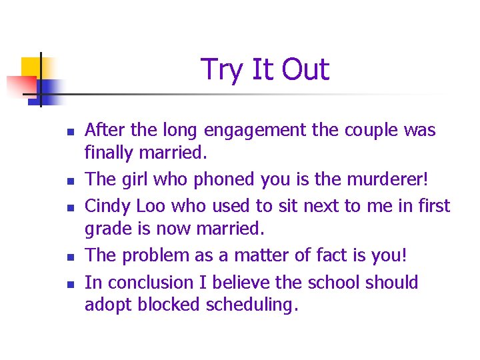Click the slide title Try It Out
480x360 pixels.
[265, 70]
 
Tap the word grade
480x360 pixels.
[107, 229]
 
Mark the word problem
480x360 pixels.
[157, 255]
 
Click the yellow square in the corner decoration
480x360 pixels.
[31, 67]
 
